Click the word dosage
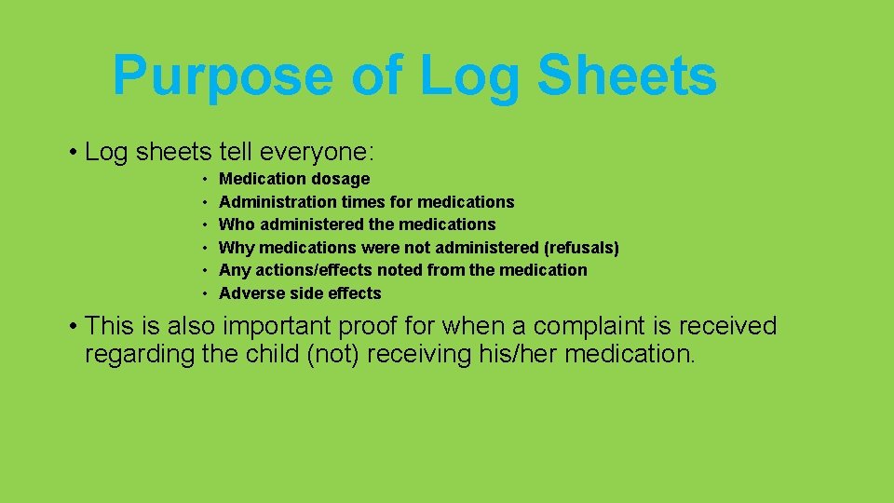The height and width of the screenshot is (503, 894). coord(340,179)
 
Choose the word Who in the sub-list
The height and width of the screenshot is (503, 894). coord(237,224)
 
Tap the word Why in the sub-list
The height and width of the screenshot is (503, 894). coord(237,248)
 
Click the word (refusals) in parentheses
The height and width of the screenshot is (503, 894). coord(581,248)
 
